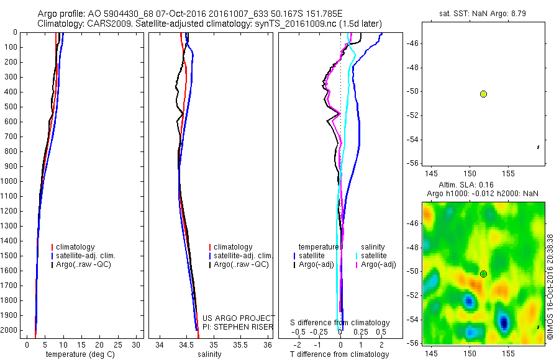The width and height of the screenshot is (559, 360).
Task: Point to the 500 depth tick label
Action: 11,107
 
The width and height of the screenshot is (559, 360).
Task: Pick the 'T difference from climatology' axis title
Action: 339,354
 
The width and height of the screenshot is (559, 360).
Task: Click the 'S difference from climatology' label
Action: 340,323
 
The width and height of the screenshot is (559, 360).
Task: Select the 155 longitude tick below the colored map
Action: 508,352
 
